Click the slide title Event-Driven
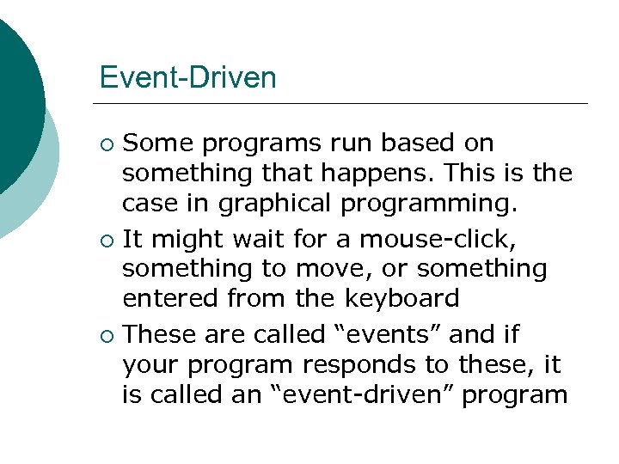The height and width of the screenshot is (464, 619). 187,78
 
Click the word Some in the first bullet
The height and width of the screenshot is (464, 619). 156,142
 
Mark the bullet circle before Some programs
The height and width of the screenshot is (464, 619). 107,143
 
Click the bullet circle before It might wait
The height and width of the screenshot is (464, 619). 107,239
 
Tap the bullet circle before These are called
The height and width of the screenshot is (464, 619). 107,334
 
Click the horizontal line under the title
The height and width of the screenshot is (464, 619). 344,103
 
